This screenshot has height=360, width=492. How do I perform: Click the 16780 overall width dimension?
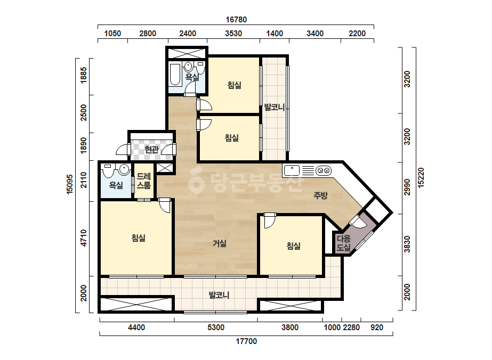click(236, 20)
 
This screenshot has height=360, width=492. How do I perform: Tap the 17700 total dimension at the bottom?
click(246, 341)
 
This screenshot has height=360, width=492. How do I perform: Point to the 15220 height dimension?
click(421, 178)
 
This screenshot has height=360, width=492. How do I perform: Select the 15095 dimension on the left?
click(70, 184)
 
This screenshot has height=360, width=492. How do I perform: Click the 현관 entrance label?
click(152, 150)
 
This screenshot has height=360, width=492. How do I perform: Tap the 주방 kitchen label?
click(321, 195)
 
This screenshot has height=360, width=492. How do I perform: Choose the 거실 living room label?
click(220, 243)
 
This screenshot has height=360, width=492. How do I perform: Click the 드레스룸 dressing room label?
click(144, 181)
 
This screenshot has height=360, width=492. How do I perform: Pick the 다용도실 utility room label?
click(343, 243)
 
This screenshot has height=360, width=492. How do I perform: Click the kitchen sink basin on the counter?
click(292, 171)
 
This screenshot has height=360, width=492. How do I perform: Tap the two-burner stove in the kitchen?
click(324, 171)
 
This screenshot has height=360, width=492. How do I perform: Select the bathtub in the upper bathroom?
click(175, 75)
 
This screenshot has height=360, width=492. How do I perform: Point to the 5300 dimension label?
click(216, 328)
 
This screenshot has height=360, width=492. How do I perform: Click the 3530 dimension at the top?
click(233, 34)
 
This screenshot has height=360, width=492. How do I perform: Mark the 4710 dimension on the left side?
click(84, 238)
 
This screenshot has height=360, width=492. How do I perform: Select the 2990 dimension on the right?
click(407, 187)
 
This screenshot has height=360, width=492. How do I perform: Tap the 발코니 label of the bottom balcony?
click(219, 295)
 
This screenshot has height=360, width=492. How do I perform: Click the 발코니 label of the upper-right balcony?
click(274, 107)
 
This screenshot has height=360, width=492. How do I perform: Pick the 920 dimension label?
click(377, 328)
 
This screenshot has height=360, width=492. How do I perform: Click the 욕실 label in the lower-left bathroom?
click(116, 185)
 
